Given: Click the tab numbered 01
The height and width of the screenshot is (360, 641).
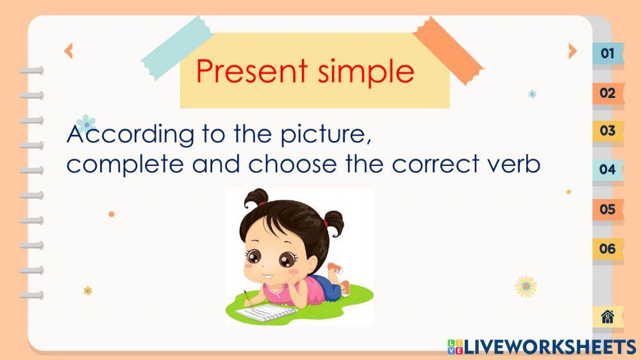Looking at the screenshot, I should [607, 53].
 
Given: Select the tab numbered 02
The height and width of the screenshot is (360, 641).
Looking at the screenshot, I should [607, 93].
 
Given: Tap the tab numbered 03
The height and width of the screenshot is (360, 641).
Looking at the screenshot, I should [607, 131].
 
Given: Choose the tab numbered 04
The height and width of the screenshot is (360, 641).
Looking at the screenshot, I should [607, 170].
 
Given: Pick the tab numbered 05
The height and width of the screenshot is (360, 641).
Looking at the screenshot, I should [607, 209].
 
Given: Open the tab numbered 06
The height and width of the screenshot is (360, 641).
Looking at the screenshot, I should [607, 249].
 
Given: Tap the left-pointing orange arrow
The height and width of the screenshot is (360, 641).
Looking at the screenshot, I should [69, 51].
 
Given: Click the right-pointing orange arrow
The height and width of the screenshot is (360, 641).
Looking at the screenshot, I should [572, 51].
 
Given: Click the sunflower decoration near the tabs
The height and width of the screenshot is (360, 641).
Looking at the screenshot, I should [526, 286].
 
